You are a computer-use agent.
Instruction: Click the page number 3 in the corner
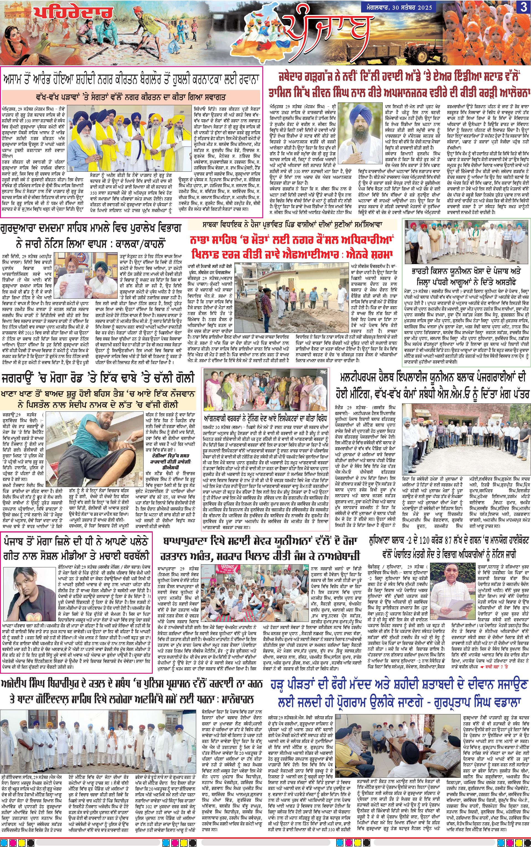point(523,8)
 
